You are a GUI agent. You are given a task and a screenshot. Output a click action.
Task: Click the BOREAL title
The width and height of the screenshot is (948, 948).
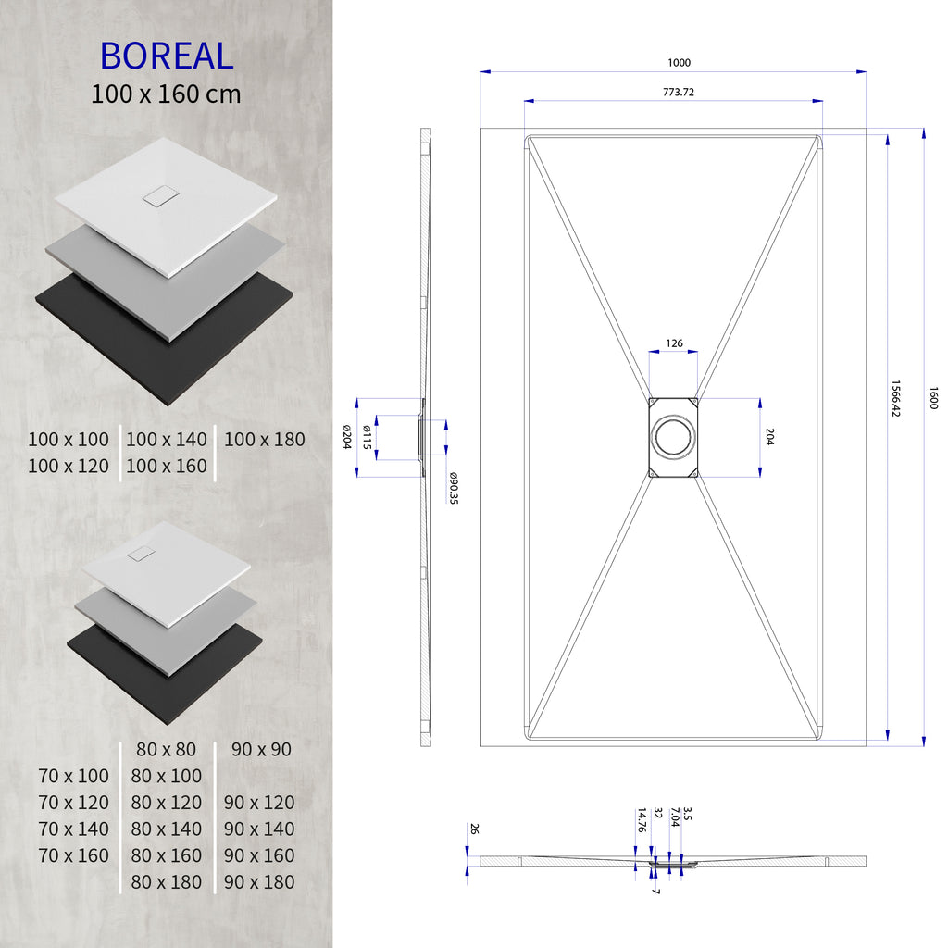167,56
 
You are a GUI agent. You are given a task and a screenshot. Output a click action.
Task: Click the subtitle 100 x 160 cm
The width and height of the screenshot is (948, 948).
167,94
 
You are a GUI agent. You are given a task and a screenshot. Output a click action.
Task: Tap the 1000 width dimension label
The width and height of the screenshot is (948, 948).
679,63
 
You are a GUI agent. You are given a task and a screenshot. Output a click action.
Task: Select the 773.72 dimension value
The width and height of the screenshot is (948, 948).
679,92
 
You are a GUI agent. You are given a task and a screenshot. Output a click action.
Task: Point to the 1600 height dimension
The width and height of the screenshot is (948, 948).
933,399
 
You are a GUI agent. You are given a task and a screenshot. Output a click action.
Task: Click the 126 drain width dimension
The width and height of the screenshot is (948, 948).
674,343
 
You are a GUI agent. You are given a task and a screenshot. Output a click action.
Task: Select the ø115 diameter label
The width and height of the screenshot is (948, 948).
368,437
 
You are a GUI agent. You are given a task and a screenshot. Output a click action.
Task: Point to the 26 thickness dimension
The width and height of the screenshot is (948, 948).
474,829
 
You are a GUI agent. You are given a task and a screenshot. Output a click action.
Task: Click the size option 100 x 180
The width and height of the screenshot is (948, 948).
264,440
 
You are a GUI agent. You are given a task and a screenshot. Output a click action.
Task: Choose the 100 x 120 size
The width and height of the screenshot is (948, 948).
69,466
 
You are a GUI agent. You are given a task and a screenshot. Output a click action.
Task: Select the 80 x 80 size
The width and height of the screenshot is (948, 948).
167,749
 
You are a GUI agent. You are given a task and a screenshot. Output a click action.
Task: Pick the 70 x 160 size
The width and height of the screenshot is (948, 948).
74,855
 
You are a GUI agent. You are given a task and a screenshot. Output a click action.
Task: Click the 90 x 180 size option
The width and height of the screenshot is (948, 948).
259,882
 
